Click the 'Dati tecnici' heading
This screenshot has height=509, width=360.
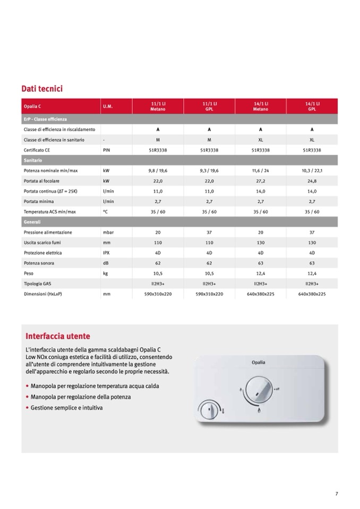[42, 89]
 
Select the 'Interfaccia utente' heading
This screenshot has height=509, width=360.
[58, 336]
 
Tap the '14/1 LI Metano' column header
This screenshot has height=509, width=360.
[260, 106]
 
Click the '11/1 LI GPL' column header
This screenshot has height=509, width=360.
[209, 106]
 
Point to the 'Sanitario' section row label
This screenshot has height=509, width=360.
[33, 160]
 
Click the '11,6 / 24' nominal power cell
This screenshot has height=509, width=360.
[260, 171]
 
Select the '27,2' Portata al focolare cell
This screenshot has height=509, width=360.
[260, 181]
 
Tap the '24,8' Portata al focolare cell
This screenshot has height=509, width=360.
[312, 181]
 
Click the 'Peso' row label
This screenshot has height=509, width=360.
[29, 273]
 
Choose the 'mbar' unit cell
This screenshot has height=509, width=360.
[108, 232]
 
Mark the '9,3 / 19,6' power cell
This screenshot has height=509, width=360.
[209, 171]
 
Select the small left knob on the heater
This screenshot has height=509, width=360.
[209, 410]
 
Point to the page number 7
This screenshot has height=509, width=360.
[337, 494]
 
